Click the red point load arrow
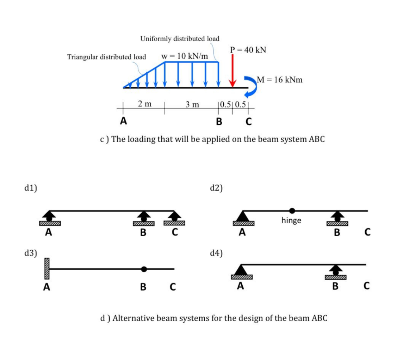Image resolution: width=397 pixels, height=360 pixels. pyautogui.click(x=232, y=71)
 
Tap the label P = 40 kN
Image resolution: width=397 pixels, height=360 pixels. pyautogui.click(x=248, y=50)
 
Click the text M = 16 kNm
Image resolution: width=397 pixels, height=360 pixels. pyautogui.click(x=280, y=80)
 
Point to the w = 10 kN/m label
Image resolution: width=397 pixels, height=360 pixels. pyautogui.click(x=184, y=56)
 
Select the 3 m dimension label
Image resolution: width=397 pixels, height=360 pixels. pyautogui.click(x=192, y=104)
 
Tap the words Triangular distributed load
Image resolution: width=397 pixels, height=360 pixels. pyautogui.click(x=106, y=57)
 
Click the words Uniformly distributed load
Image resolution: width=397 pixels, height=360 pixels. pyautogui.click(x=180, y=38)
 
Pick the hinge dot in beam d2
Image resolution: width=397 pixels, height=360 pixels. pyautogui.click(x=292, y=211)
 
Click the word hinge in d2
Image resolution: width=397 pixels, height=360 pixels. pyautogui.click(x=291, y=221)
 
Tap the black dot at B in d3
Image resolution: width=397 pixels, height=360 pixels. pyautogui.click(x=143, y=269)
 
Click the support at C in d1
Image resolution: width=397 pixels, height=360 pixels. pyautogui.click(x=174, y=219)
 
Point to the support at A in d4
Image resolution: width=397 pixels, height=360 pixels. pyautogui.click(x=241, y=272)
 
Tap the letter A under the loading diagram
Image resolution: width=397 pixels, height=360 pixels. pyautogui.click(x=123, y=121)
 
